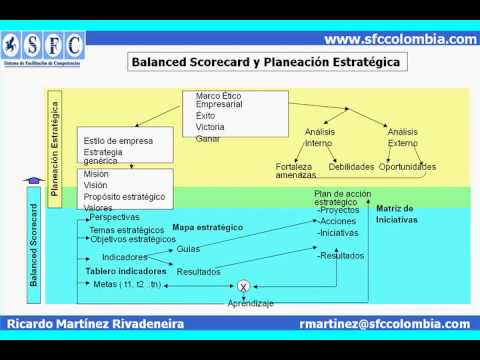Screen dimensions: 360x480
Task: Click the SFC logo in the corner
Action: pyautogui.click(x=43, y=47)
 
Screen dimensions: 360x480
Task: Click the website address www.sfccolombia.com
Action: pyautogui.click(x=401, y=39)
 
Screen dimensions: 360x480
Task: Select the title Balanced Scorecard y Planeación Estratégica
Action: pyautogui.click(x=265, y=62)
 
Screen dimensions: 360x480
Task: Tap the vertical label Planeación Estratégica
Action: pyautogui.click(x=55, y=140)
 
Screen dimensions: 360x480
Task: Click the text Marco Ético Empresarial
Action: pyautogui.click(x=218, y=100)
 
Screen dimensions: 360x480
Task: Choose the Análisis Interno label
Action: pyautogui.click(x=318, y=137)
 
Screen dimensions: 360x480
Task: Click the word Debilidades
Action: pyautogui.click(x=352, y=166)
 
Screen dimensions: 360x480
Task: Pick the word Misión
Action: pyautogui.click(x=97, y=174)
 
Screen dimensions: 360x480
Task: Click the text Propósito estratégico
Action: pyautogui.click(x=124, y=196)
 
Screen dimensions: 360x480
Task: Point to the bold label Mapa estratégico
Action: pyautogui.click(x=208, y=228)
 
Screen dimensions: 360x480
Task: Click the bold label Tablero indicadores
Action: pyautogui.click(x=125, y=270)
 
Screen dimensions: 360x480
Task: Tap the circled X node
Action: pyautogui.click(x=243, y=286)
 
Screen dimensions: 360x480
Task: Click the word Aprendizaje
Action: pyautogui.click(x=250, y=302)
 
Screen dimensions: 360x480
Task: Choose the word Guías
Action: pyautogui.click(x=188, y=249)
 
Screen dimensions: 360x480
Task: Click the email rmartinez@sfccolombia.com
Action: pyautogui.click(x=384, y=324)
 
